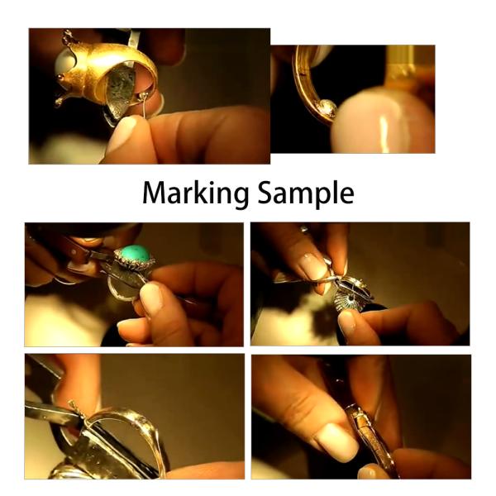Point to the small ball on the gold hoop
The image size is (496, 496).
pyautogui.click(x=328, y=108)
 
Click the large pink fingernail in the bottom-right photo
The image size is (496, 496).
pyautogui.click(x=334, y=439)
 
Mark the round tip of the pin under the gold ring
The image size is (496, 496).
pyautogui.click(x=146, y=98)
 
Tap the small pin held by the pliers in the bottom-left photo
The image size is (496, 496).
pyautogui.click(x=76, y=407)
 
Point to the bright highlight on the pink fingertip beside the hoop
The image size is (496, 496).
pyautogui.click(x=384, y=124)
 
